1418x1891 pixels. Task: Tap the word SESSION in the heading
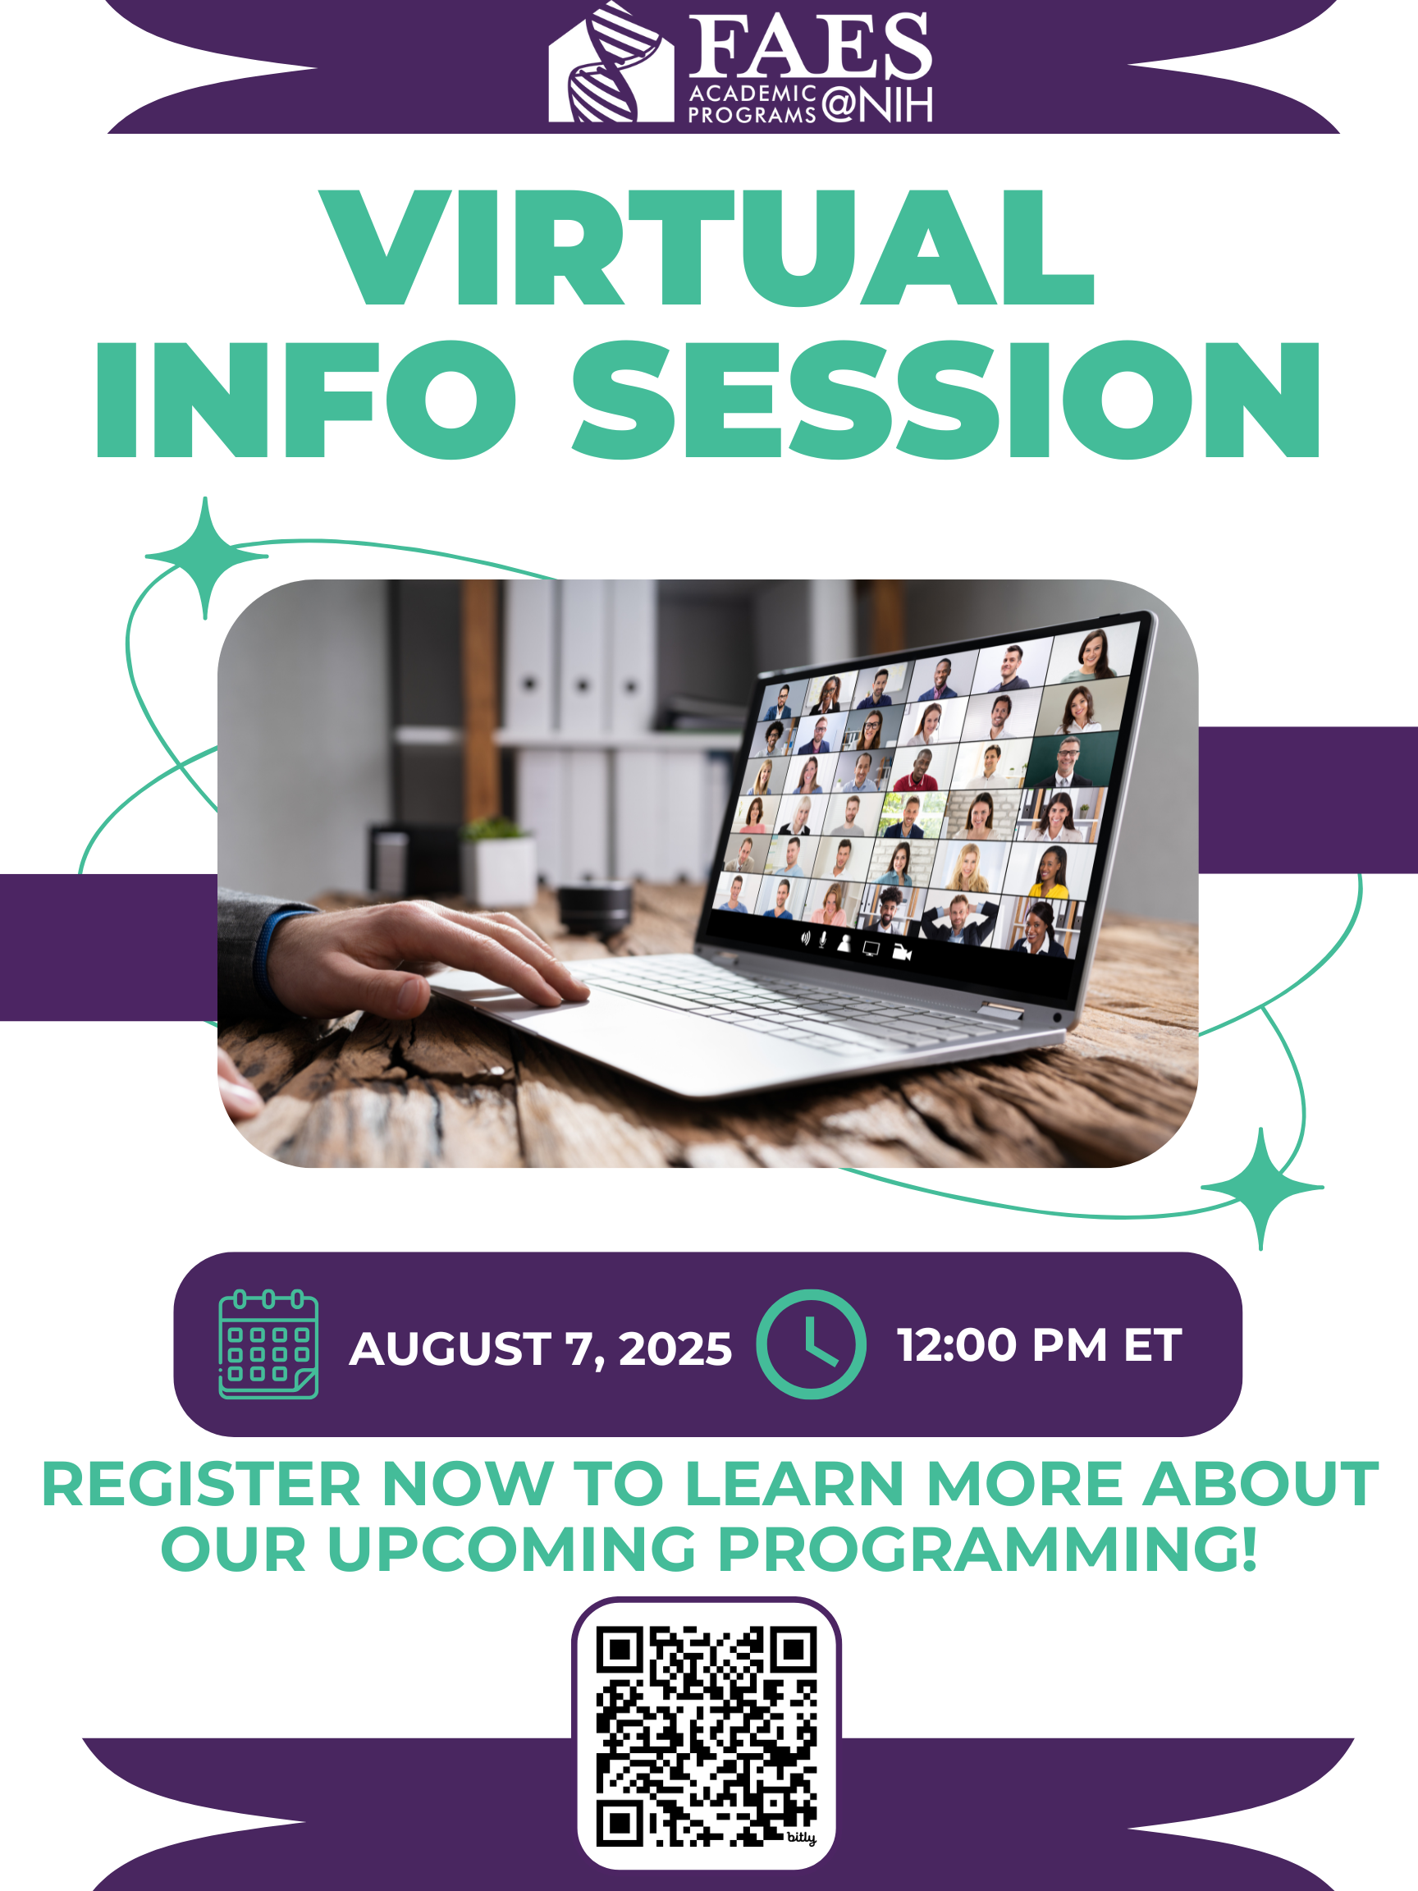tap(946, 399)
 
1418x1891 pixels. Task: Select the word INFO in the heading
tap(306, 399)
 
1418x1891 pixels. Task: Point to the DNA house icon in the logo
tap(611, 64)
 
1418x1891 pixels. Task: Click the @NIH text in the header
tap(877, 104)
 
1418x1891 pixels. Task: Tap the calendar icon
tap(268, 1344)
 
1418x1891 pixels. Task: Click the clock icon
tap(811, 1344)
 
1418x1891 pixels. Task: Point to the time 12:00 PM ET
tap(1040, 1344)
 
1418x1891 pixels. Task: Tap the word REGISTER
tap(201, 1485)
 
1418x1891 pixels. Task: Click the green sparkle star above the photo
tap(206, 556)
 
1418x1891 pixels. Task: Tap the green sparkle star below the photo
tap(1261, 1188)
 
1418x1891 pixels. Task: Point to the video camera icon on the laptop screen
tap(902, 951)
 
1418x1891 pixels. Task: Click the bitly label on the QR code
tap(801, 1837)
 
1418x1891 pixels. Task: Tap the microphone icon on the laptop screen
tap(823, 940)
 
